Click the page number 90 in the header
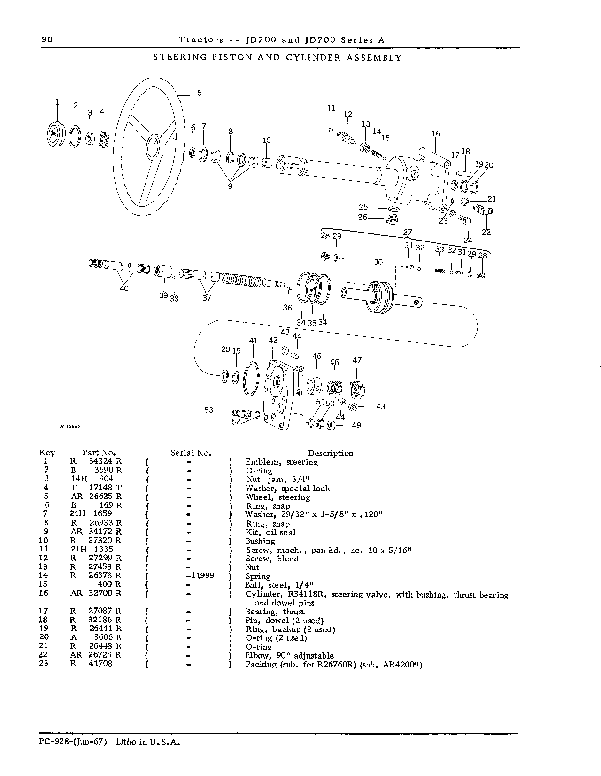pyautogui.click(x=47, y=39)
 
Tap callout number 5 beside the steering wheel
pyautogui.click(x=200, y=93)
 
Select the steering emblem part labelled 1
pyautogui.click(x=55, y=134)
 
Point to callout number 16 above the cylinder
pyautogui.click(x=436, y=134)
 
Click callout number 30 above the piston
pyautogui.click(x=378, y=263)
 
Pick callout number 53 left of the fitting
pyautogui.click(x=208, y=411)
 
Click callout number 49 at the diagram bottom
pyautogui.click(x=356, y=425)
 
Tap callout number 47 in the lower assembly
pyautogui.click(x=357, y=360)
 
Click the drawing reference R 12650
pyautogui.click(x=70, y=427)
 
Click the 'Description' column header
pyautogui.click(x=331, y=453)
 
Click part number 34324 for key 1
pyautogui.click(x=100, y=461)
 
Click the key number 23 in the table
pyautogui.click(x=44, y=663)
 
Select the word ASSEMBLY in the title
pyautogui.click(x=374, y=58)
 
